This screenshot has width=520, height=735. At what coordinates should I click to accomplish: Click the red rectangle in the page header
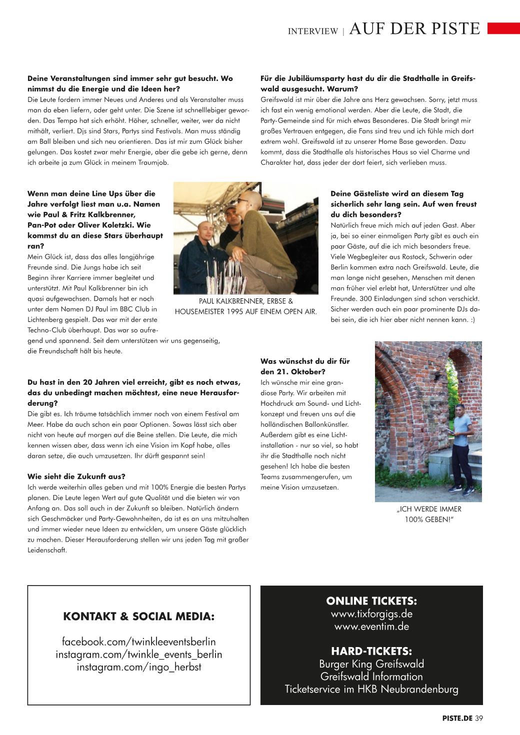pos(503,28)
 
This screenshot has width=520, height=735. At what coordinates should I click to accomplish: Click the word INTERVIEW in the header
pos(313,31)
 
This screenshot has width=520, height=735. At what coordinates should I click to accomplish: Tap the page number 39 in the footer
pos(479,719)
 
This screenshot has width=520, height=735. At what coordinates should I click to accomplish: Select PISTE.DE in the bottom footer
pos(457,719)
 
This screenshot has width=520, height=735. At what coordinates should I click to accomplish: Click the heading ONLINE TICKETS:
pos(371,601)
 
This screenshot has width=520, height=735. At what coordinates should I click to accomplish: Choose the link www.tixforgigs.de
pos(371,614)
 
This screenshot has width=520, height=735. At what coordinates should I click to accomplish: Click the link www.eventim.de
pos(371,627)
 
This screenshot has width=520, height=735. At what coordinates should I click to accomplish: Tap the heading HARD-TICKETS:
pos(371,651)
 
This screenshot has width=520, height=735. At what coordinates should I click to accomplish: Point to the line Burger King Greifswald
pos(371,664)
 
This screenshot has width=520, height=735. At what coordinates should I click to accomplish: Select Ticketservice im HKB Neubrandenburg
pos(371,690)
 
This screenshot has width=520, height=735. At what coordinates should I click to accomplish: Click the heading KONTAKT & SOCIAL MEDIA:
pos(138,617)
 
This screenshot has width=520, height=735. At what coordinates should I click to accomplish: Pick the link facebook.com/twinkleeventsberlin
pos(138,642)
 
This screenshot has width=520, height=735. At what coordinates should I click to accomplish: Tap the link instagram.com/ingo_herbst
pos(138,667)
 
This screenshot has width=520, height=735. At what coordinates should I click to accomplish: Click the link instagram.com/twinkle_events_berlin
pos(138,655)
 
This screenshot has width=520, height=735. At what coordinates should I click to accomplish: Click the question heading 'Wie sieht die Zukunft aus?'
pos(76,477)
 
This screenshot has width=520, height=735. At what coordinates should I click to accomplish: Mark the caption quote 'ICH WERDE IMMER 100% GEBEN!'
pos(428,514)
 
